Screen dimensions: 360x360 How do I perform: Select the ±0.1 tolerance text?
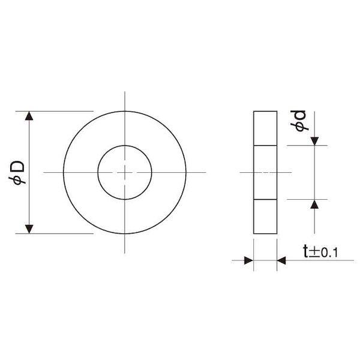coord(323,253)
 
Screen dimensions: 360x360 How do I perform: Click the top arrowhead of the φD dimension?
coord(29,116)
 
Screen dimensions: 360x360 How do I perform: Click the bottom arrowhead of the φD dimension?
coord(29,229)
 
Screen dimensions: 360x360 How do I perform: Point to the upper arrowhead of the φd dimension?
coord(314,141)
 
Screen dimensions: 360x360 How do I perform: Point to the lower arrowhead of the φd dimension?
coord(314,204)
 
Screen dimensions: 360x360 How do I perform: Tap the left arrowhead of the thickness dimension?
coord(248,260)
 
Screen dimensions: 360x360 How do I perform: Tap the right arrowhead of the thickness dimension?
coord(281,260)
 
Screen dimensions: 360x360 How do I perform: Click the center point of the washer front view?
coord(125,172)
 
